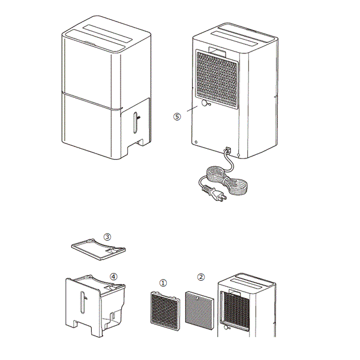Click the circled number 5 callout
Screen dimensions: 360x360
(177, 116)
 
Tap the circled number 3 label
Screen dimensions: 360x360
(107, 237)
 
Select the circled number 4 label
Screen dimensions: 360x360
(113, 277)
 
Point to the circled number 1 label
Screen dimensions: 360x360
(163, 283)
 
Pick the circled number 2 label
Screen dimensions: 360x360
(201, 277)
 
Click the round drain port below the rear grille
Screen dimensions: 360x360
(205, 103)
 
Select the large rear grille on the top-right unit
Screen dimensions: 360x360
(217, 79)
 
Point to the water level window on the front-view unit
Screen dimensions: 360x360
(136, 122)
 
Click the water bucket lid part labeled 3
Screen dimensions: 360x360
(99, 250)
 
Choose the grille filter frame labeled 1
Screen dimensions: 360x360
(166, 311)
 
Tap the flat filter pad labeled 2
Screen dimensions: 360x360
(200, 310)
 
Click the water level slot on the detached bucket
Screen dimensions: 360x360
(82, 302)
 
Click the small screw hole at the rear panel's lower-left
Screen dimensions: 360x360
(196, 142)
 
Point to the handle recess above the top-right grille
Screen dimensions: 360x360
(217, 52)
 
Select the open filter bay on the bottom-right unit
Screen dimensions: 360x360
(235, 311)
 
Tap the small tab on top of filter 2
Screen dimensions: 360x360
(197, 298)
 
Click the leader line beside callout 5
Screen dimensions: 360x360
(192, 109)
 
